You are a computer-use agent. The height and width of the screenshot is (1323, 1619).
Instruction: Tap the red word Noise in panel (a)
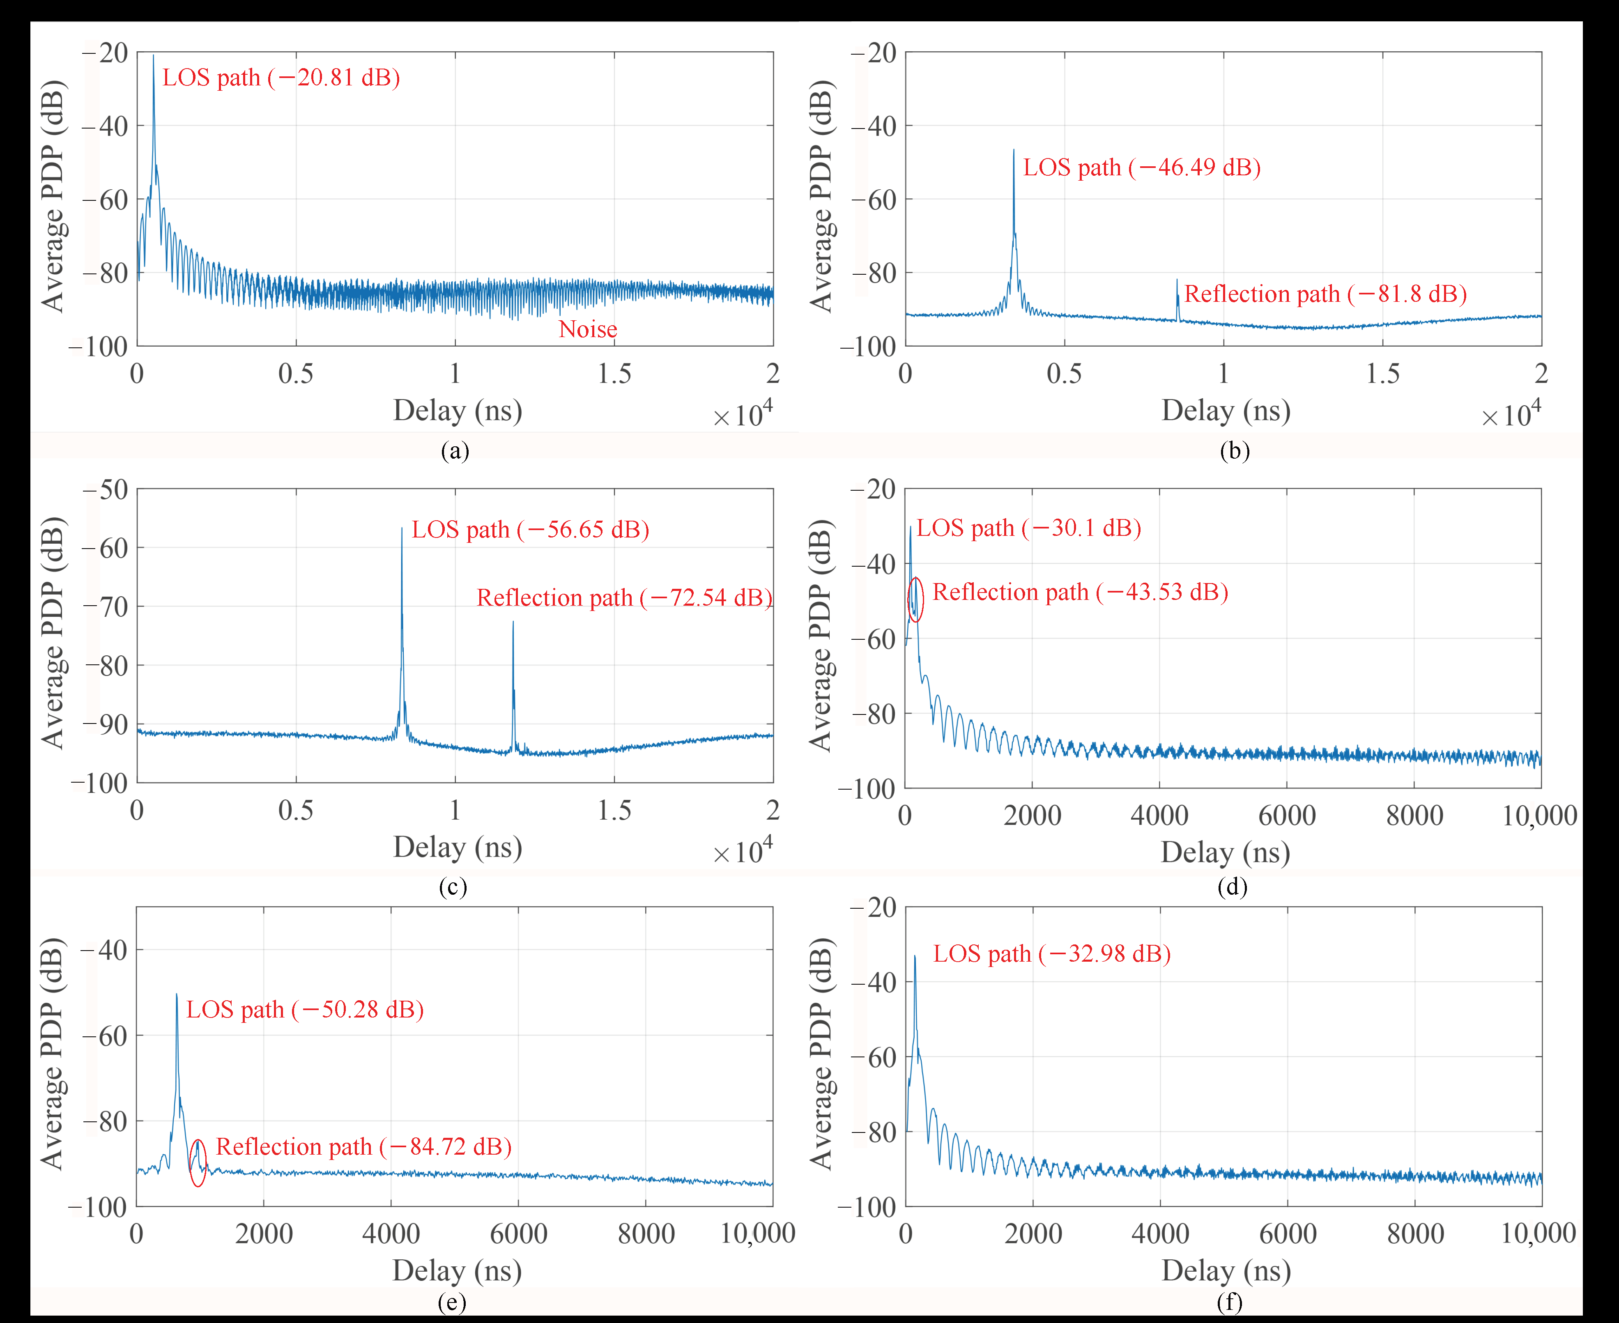pos(588,329)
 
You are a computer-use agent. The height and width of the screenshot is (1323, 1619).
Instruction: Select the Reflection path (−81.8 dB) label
pos(1325,294)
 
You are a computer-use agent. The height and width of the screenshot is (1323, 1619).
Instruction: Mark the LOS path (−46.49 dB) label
pos(1141,168)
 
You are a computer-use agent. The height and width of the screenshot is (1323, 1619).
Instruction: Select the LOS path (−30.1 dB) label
pos(1028,528)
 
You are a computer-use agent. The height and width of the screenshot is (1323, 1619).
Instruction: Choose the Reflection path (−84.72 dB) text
pos(363,1147)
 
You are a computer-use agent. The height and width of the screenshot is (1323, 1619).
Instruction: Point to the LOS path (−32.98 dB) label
pos(1052,954)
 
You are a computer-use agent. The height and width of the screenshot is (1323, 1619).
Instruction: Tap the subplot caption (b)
pos(1234,451)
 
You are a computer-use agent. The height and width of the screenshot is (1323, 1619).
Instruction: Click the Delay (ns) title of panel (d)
pos(1225,852)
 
